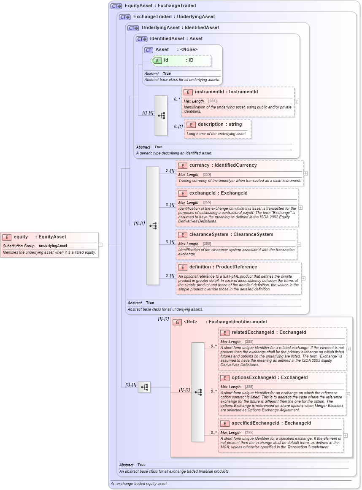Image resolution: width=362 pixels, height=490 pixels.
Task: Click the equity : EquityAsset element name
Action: (x=40, y=237)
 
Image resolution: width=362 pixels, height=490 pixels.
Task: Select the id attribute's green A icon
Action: (x=157, y=60)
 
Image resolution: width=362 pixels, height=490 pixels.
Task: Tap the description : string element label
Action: (x=220, y=125)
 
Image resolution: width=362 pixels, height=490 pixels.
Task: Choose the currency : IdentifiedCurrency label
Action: (x=223, y=165)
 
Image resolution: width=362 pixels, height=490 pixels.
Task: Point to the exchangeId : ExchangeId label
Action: (x=218, y=193)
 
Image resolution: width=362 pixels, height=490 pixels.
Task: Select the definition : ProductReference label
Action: (x=223, y=267)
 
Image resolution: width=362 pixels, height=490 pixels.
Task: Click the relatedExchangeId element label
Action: (x=269, y=333)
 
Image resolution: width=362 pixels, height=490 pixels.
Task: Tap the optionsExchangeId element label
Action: (x=270, y=377)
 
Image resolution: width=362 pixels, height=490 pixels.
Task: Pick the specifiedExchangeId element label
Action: (x=271, y=423)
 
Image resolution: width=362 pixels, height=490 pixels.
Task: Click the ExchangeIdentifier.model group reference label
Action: (x=238, y=322)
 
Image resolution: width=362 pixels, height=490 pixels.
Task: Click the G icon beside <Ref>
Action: (x=178, y=322)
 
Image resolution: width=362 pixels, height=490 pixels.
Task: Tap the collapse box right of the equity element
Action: (x=100, y=244)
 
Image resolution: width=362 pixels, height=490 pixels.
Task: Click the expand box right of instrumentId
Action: (x=297, y=102)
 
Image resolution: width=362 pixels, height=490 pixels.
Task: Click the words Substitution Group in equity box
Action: (x=19, y=246)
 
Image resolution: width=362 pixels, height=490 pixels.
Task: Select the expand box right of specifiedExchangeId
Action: (x=346, y=435)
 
